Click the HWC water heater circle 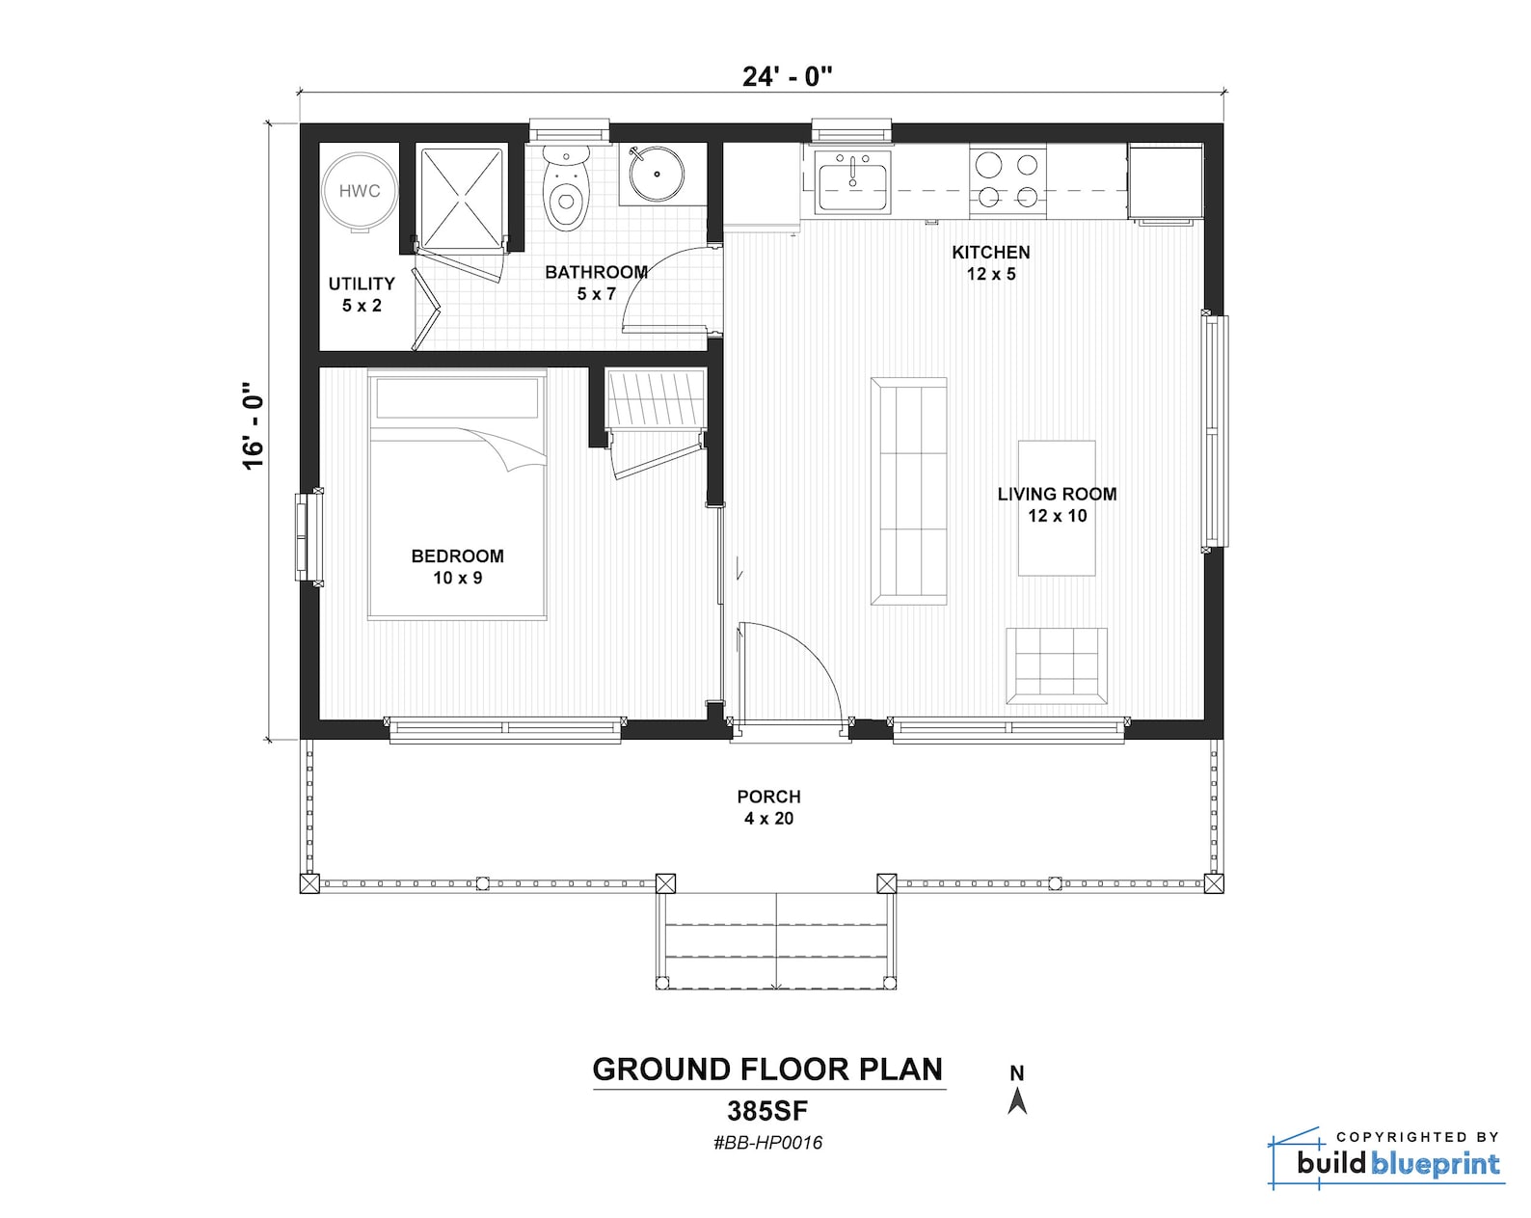[359, 191]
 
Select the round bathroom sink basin [657, 175]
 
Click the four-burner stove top [1007, 180]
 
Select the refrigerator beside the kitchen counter [1165, 181]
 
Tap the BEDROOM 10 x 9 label [457, 567]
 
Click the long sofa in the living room [908, 491]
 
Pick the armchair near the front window [1057, 666]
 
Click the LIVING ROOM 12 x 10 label [1057, 504]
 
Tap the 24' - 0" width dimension [787, 77]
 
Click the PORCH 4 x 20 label [768, 807]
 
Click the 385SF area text [767, 1112]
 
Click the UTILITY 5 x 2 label [362, 294]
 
